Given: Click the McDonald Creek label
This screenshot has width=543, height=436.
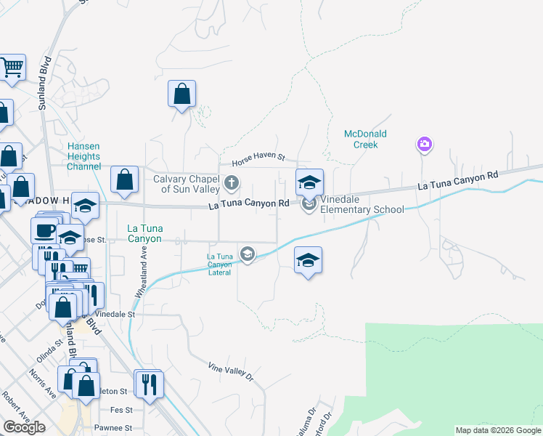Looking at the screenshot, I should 365,139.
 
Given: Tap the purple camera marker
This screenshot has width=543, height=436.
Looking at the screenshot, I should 424,145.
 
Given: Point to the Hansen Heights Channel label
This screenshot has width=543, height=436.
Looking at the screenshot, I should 83,156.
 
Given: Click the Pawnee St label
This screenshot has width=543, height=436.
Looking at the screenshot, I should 116,429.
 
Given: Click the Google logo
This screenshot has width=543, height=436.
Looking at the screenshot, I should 24,427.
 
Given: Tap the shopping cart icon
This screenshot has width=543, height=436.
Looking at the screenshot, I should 12,68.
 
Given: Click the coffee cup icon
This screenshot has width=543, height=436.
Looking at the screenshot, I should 44,230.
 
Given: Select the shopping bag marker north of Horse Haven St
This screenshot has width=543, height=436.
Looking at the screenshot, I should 181,94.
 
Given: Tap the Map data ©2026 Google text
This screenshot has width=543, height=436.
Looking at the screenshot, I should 498,430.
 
